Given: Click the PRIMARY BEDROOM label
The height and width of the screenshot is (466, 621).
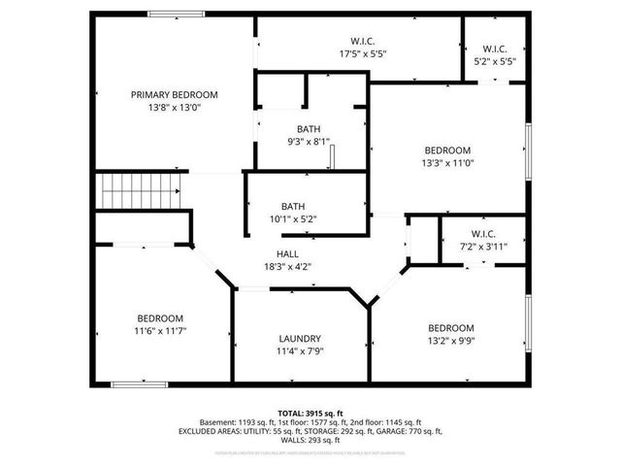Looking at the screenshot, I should coord(175,95).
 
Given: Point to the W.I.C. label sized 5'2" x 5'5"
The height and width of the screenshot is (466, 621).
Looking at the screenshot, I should coord(495,48).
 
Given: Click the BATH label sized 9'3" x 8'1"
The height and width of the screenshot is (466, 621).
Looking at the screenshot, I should coord(309,129).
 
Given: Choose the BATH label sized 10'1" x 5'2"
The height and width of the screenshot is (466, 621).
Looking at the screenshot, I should coord(293,206).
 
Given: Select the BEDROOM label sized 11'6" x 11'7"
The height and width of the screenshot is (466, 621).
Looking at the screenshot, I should coord(160,318).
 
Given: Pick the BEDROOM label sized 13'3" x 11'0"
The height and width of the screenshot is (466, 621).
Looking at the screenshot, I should coord(447,150).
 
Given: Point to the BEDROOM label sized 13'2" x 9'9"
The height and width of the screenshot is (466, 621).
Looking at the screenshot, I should coord(451,328).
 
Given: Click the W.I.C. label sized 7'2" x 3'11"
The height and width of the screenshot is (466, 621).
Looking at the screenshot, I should coord(483,234).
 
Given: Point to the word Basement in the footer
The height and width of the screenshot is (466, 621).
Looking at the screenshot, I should coord(216,423).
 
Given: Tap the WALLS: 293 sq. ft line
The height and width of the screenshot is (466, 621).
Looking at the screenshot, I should coord(310,440).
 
